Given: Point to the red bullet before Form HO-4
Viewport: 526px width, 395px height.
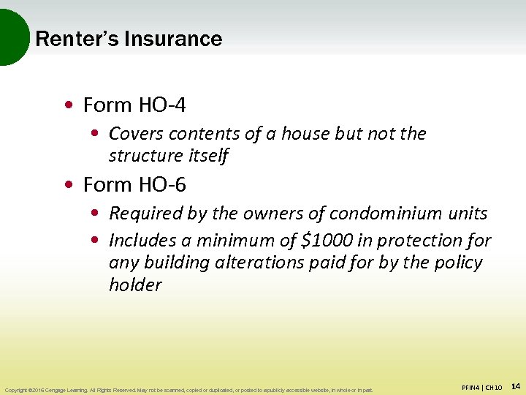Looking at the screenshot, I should [x=68, y=105].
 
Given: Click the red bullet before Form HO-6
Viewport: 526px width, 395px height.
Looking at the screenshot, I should [x=68, y=185].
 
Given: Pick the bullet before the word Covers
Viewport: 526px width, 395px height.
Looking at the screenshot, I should [x=95, y=134].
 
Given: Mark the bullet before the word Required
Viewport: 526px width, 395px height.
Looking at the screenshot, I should [x=95, y=214].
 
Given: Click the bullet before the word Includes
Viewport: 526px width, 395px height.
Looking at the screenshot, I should [x=95, y=241].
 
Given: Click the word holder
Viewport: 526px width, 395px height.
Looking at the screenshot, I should [x=135, y=285].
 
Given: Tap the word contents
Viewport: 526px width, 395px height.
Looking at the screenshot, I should [x=197, y=134].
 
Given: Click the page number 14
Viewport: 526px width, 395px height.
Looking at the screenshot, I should [x=514, y=386].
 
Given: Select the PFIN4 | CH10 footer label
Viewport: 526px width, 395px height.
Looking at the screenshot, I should [x=481, y=387].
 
